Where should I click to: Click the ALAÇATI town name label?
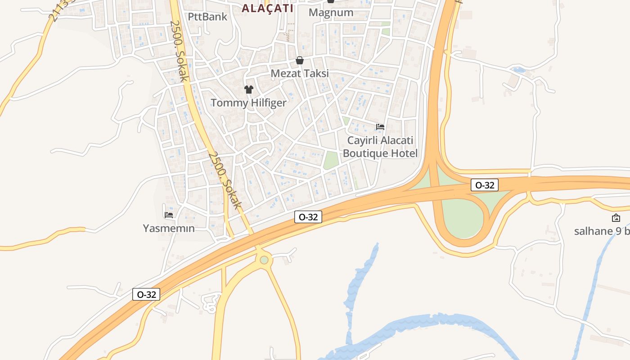267,8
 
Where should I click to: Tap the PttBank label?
208,17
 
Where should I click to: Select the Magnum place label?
331,13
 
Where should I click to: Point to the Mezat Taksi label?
300,73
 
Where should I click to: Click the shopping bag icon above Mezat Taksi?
300,60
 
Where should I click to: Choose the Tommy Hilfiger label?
248,103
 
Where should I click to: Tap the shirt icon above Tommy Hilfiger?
249,89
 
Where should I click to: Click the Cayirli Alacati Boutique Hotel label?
380,147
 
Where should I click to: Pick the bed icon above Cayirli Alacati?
380,127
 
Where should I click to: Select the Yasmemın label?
169,229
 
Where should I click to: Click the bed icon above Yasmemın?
169,215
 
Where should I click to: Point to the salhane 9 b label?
601,231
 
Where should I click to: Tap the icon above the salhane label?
616,218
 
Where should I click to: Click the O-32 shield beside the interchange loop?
485,185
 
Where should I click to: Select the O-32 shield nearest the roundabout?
308,217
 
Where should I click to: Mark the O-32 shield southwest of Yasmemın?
146,295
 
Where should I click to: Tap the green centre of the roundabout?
264,260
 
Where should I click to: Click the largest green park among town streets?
331,160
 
